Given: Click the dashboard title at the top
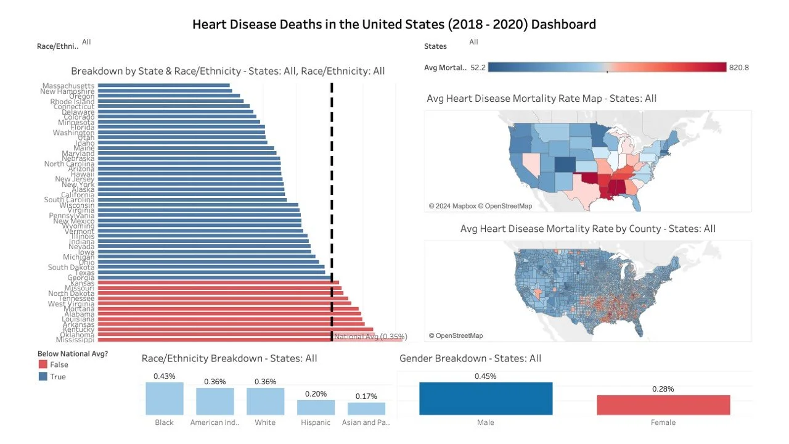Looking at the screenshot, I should pos(394,25).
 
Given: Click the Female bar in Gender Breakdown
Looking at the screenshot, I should pos(663,405).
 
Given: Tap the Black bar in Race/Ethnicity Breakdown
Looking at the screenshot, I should pos(165,398).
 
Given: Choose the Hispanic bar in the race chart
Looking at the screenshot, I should pos(316,407).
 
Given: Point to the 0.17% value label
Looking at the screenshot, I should pos(366,396).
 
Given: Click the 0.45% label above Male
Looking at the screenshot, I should pos(486,376).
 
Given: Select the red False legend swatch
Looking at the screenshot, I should pos(43,365).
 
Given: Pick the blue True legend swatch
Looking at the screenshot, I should pos(43,377).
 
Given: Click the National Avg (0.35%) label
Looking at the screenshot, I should pos(370,337).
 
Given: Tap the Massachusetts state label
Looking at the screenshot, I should pos(68,86).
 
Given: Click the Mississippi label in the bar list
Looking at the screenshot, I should pos(75,340).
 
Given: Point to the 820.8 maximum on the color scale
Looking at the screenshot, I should pos(738,68).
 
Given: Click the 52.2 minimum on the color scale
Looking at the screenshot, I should pos(478,68).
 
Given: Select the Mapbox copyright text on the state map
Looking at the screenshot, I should pos(480,206).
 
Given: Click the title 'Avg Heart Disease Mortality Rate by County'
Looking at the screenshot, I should pos(587,229).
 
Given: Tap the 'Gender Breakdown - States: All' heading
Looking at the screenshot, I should pos(470,358).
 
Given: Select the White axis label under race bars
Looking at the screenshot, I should pos(265,423).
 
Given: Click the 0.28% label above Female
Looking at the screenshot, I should pos(663,389).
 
